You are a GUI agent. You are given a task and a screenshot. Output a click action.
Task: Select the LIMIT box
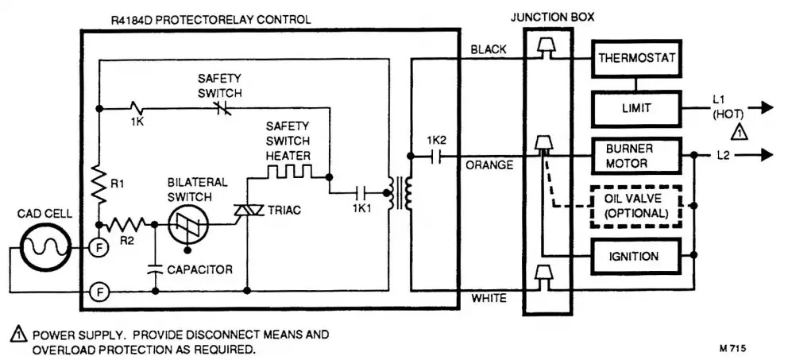635,106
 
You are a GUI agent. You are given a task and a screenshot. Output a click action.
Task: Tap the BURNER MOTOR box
635,156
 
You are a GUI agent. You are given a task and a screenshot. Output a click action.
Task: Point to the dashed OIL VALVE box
635,207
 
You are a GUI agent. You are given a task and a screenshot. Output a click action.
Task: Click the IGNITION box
635,257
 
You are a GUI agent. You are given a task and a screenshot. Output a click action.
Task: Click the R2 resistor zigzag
128,225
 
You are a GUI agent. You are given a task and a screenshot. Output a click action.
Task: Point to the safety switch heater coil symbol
289,172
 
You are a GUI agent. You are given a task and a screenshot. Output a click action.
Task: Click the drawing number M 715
732,347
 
